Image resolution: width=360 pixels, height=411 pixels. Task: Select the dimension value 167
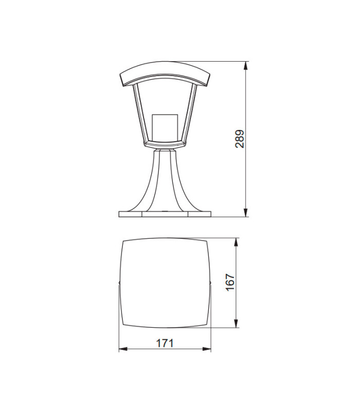pos(230,283)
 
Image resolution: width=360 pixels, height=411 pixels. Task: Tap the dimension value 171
pos(165,343)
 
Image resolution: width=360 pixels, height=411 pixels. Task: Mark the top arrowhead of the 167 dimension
pos(236,241)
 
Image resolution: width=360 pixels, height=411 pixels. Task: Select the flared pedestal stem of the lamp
pos(165,180)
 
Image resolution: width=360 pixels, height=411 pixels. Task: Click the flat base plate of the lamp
pos(165,213)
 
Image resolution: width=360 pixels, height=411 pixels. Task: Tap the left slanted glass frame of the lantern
pos(139,113)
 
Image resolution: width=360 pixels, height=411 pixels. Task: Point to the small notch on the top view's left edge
pos(119,283)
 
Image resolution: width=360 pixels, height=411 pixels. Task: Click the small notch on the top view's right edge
pos(210,283)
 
